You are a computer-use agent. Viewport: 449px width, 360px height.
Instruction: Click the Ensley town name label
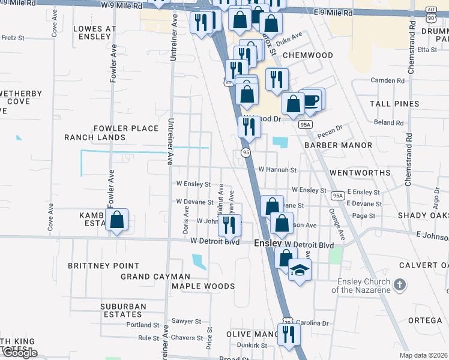click(268, 244)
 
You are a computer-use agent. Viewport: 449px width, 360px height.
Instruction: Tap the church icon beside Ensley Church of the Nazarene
click(400, 283)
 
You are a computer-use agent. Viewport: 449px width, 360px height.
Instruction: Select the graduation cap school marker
click(300, 270)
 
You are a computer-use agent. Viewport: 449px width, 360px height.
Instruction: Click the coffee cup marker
click(312, 100)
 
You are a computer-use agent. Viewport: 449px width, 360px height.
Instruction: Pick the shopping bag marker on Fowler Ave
click(117, 220)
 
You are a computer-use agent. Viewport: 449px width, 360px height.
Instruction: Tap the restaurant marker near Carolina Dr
click(289, 335)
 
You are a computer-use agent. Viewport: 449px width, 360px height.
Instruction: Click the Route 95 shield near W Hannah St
click(246, 153)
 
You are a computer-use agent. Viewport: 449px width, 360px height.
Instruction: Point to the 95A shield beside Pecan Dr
click(306, 124)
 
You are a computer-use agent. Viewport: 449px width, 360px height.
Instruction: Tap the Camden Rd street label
click(388, 80)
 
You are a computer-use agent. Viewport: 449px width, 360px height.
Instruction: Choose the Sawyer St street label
click(184, 321)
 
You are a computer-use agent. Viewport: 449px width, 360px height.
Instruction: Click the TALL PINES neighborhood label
click(394, 104)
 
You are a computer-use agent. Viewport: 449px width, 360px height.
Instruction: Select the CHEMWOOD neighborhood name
click(307, 55)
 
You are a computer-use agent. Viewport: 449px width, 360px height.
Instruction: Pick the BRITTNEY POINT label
click(103, 266)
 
